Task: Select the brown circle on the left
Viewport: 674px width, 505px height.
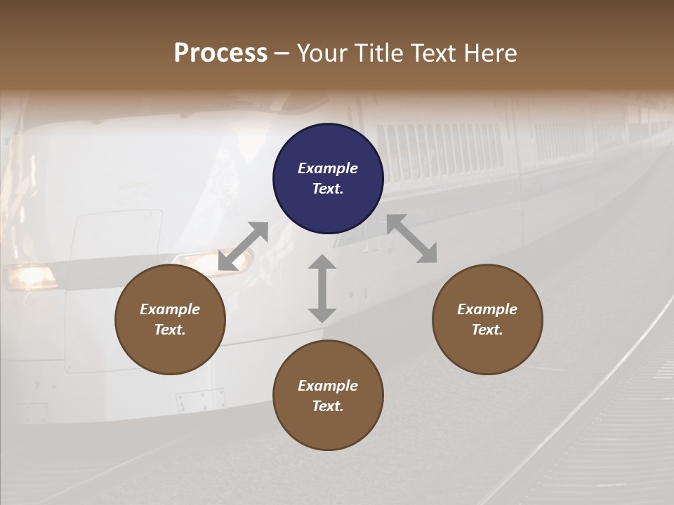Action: [x=170, y=319]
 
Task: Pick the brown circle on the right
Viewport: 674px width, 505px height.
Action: [x=487, y=319]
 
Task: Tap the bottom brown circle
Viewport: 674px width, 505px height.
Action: [x=328, y=396]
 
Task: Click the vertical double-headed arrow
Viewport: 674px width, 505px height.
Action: [x=322, y=288]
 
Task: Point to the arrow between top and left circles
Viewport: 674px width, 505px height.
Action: [x=244, y=246]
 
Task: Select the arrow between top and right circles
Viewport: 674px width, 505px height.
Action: [x=411, y=238]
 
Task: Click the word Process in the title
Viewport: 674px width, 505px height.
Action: [x=220, y=53]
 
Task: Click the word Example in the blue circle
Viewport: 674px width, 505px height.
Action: [x=328, y=168]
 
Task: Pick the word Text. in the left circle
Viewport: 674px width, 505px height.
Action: [x=170, y=330]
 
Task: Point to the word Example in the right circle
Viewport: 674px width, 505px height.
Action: [x=487, y=309]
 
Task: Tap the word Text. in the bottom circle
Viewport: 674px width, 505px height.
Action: [x=328, y=406]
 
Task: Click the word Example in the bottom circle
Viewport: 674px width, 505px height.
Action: [x=328, y=386]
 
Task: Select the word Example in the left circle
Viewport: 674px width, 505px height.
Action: [x=170, y=309]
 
